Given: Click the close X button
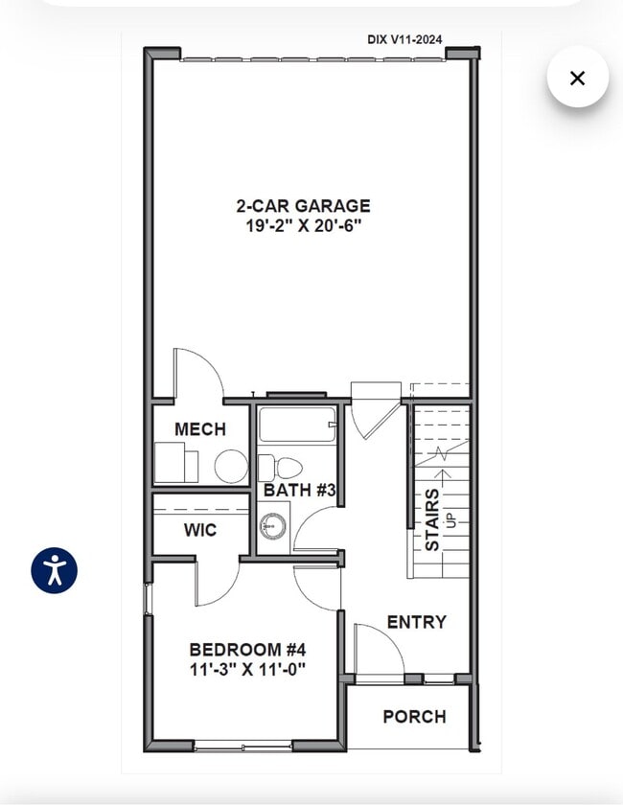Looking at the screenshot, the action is (x=577, y=78).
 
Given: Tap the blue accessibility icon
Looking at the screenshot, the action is (x=54, y=570).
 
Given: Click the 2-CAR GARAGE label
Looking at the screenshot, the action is (x=303, y=206).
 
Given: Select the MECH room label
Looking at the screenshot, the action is (x=199, y=429).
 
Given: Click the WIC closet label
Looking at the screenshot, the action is (x=200, y=530).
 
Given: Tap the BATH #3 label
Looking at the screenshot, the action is (x=299, y=490).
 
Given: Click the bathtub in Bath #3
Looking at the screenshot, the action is (x=297, y=425).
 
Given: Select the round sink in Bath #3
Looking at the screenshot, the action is (x=273, y=526).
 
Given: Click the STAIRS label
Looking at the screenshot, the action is (x=432, y=519).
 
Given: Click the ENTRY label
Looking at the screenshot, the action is (x=417, y=622).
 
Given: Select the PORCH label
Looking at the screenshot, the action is (x=414, y=716).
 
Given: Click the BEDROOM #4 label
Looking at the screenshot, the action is (x=247, y=650).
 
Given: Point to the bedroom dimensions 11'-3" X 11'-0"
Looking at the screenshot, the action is (x=247, y=669).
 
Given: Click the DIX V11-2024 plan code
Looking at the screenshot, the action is (x=404, y=39).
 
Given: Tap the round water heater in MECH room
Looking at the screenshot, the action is (x=231, y=466).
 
